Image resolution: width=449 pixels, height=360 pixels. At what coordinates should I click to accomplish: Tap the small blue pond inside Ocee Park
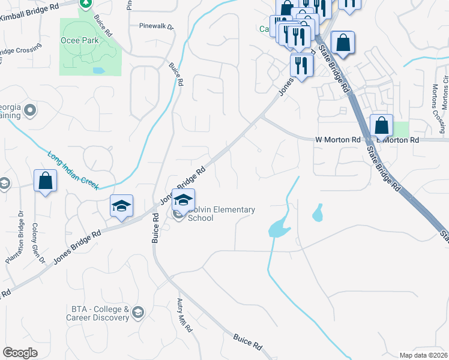[99, 70]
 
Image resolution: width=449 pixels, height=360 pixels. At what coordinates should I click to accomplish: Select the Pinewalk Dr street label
[155, 26]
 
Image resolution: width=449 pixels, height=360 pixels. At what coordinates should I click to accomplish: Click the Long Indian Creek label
[74, 170]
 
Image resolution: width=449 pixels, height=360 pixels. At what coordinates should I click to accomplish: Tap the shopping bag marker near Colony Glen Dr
[46, 181]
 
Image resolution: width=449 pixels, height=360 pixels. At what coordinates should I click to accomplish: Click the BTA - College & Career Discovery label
[100, 313]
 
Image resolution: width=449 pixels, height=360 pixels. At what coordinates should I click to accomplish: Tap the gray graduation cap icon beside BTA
[138, 312]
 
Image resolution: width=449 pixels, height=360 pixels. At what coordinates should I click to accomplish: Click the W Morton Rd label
[338, 140]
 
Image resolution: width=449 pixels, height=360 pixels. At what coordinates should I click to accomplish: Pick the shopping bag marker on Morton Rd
[381, 126]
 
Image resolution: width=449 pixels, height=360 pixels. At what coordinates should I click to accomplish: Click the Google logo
[20, 353]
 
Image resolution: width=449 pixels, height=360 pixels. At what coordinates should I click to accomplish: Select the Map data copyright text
[423, 355]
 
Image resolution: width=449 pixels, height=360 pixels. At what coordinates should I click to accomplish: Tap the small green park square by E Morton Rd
[401, 128]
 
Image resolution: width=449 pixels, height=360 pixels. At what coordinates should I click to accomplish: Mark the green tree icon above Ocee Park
[86, 4]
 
